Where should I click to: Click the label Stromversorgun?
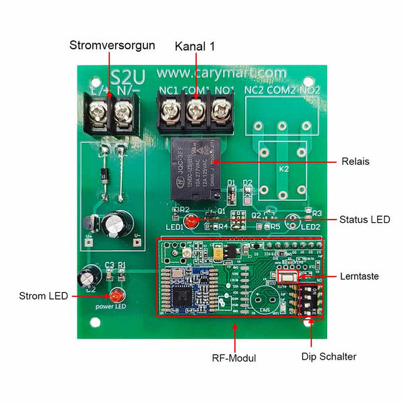[112, 46]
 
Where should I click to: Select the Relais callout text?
[355, 162]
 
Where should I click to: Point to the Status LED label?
[364, 220]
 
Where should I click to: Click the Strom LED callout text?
[42, 296]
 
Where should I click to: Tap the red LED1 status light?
[191, 222]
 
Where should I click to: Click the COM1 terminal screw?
[195, 107]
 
